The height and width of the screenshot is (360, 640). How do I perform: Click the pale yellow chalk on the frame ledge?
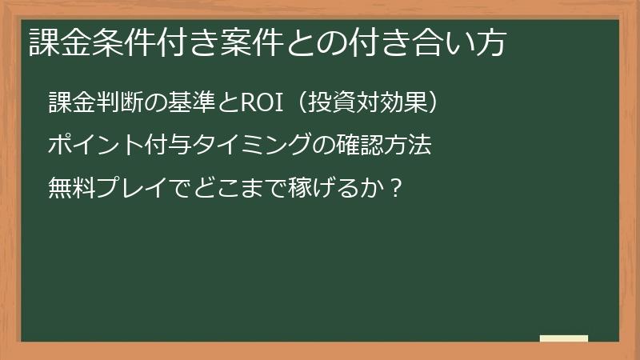point(564,338)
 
